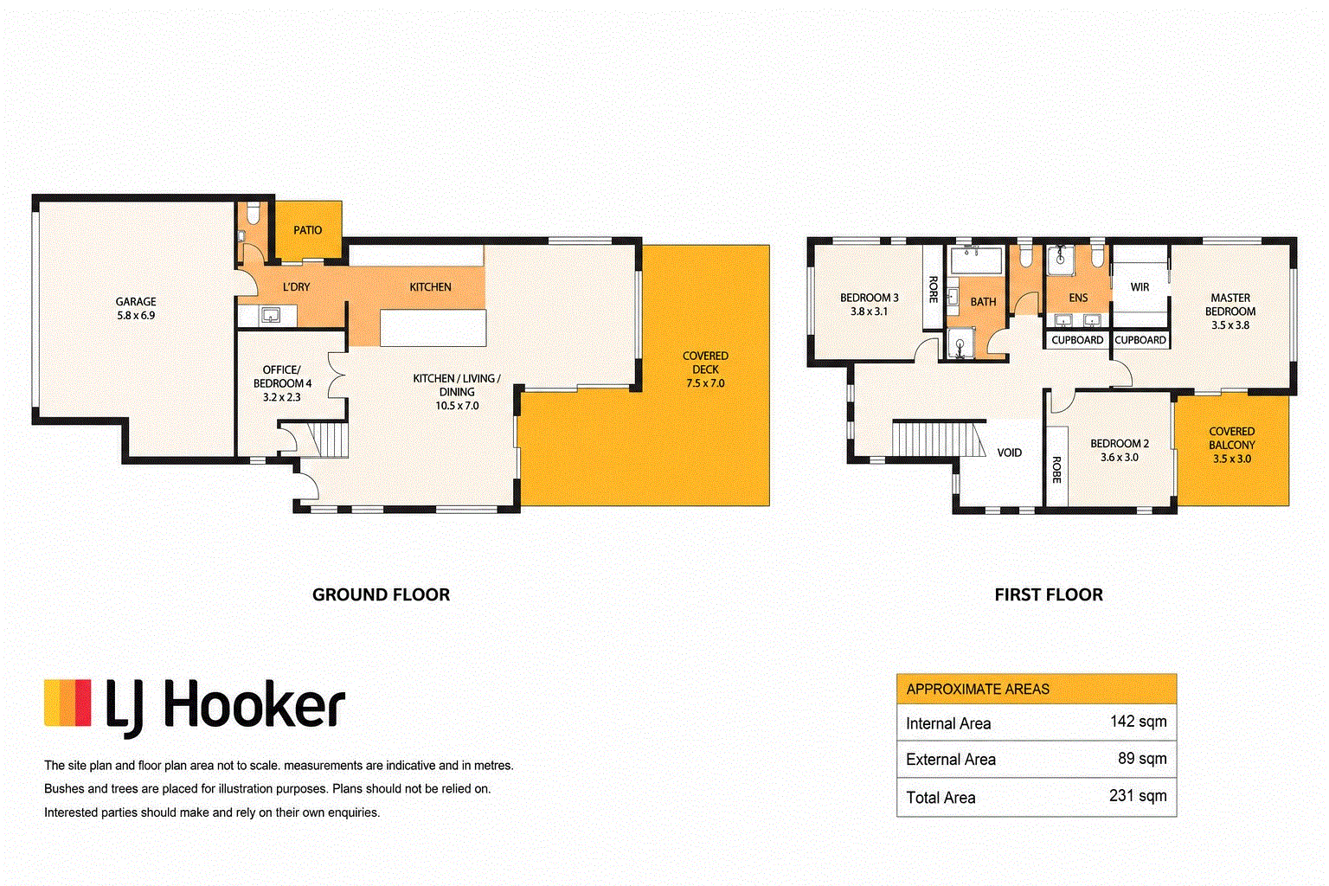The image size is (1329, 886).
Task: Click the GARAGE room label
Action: pos(136,301)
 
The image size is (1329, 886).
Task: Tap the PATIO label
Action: pos(308,230)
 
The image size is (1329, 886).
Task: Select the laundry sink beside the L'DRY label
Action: pos(271,315)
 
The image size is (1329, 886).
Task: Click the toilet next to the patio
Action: pos(253,213)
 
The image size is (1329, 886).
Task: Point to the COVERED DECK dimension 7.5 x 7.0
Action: pos(705,383)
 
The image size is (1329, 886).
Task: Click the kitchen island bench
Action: pos(433,328)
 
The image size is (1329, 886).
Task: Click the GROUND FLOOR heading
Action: pos(381,594)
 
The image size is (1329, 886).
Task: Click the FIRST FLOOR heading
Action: pos(1049,594)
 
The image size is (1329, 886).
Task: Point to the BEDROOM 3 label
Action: pos(870,298)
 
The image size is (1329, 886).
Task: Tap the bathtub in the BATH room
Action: pos(976,260)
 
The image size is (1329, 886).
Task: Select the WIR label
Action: pos(1140,287)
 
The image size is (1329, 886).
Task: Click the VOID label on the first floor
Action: pos(1009,453)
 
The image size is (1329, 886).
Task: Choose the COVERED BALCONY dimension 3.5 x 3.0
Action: pos(1232,459)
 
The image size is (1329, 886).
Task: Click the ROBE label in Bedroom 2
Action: pos(1056,470)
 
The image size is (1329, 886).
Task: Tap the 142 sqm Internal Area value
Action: pos(1138,721)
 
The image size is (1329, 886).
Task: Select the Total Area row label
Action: pos(941,798)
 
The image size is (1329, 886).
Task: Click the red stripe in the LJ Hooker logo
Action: pos(83,703)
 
